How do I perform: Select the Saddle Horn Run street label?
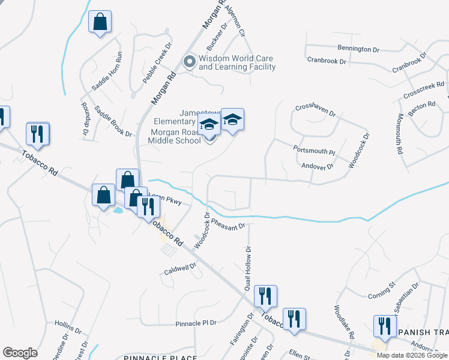106,70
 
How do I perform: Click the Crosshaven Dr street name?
318,108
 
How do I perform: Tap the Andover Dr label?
317,166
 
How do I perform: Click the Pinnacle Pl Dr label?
196,323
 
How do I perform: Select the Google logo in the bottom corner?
20,353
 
